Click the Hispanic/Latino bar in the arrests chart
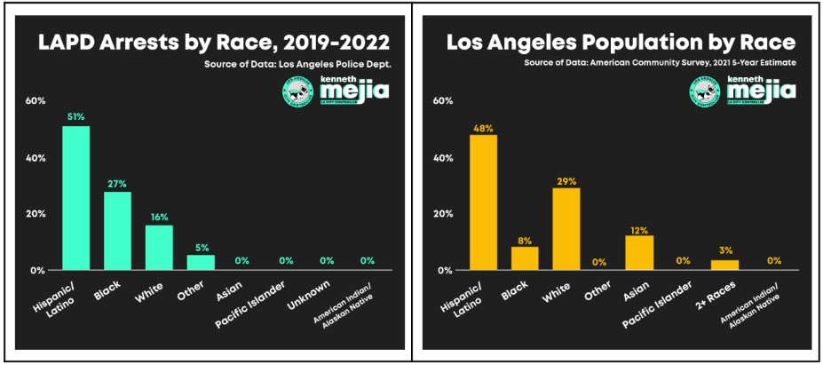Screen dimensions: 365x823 [x=75, y=198]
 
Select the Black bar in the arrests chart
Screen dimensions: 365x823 [x=117, y=231]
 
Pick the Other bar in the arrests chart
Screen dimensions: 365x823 [x=201, y=262]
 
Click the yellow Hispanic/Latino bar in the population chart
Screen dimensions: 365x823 [x=483, y=202]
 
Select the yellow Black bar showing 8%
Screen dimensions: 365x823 [x=525, y=258]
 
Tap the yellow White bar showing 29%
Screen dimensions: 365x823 [x=566, y=228]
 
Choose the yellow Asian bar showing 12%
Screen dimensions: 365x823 [x=639, y=252]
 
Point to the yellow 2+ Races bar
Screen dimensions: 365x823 [x=724, y=265]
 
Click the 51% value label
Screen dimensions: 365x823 [x=75, y=116]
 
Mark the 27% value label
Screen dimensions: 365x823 [x=117, y=183]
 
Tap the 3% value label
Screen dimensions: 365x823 [x=724, y=250]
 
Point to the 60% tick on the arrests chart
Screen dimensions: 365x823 [x=35, y=101]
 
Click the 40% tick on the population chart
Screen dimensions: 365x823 [x=442, y=158]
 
